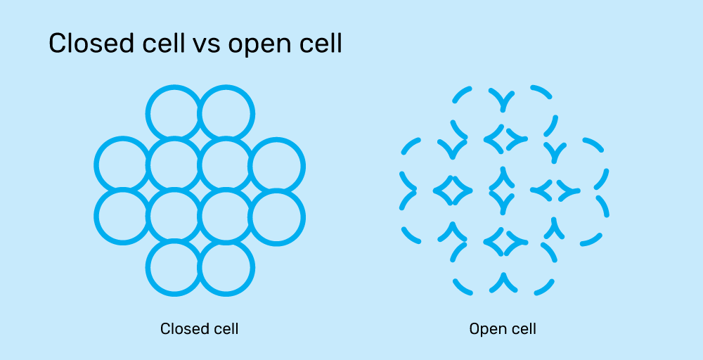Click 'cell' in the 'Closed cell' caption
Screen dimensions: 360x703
pyautogui.click(x=226, y=328)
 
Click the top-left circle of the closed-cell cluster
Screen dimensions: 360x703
pyautogui.click(x=174, y=113)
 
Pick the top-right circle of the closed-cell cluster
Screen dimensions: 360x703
pyautogui.click(x=226, y=113)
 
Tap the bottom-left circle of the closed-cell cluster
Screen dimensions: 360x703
pyautogui.click(x=174, y=268)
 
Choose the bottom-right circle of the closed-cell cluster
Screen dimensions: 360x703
pyautogui.click(x=226, y=268)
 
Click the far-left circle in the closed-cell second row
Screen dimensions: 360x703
pyautogui.click(x=122, y=165)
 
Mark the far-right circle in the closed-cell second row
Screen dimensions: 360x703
pyautogui.click(x=277, y=165)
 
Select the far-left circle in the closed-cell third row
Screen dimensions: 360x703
pyautogui.click(x=122, y=217)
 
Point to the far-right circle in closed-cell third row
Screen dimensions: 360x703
pyautogui.click(x=277, y=217)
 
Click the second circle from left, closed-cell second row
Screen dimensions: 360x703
pyautogui.click(x=174, y=165)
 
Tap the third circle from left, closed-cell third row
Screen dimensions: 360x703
pyautogui.click(x=226, y=217)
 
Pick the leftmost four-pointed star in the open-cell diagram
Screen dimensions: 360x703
pyautogui.click(x=451, y=190)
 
